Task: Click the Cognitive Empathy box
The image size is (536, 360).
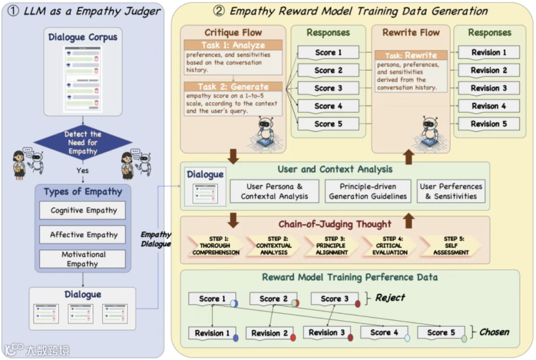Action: point(82,211)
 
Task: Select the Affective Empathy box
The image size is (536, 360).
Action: point(82,235)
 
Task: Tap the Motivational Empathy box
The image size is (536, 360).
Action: point(82,259)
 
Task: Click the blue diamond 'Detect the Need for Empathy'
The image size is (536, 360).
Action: point(82,143)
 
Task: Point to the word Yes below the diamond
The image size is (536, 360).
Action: point(82,170)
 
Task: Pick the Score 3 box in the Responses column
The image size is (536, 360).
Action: point(328,88)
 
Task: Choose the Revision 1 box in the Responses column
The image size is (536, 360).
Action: point(488,53)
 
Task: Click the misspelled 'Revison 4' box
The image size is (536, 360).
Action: point(488,106)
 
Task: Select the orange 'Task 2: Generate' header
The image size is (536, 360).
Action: point(232,86)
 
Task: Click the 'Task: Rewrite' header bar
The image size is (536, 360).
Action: point(410,56)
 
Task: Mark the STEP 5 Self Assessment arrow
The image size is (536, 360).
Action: point(450,246)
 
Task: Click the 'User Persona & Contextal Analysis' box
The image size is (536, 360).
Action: point(274,191)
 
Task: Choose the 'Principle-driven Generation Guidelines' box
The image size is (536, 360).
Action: point(368,191)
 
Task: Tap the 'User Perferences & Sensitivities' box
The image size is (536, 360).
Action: point(451,191)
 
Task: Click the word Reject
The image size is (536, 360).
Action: point(390,298)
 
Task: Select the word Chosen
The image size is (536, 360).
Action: point(494,332)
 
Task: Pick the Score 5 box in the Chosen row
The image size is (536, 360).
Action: point(441,333)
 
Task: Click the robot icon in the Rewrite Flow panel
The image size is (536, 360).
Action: point(430,131)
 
